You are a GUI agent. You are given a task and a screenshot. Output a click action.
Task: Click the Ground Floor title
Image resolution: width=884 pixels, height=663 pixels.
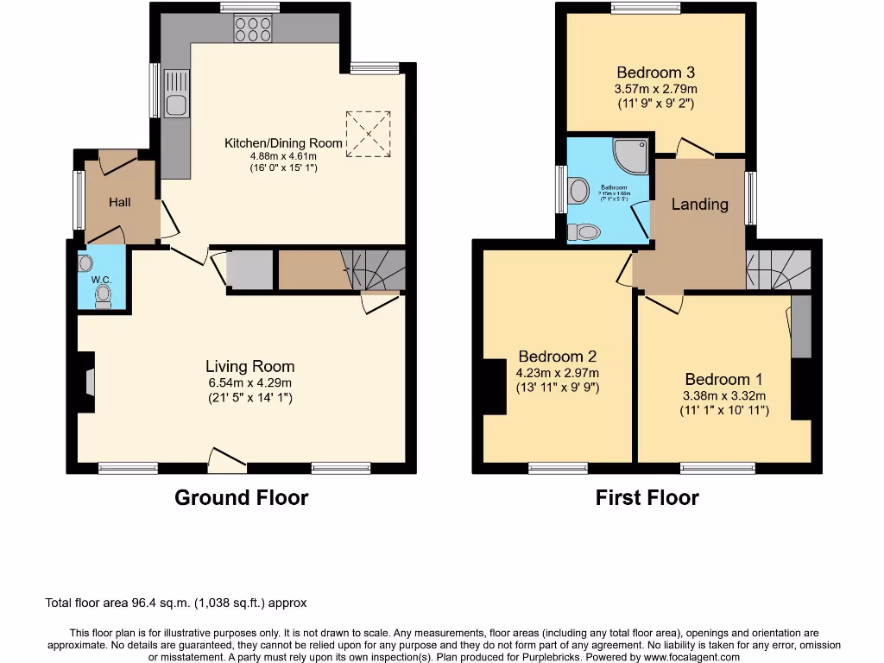[241, 498]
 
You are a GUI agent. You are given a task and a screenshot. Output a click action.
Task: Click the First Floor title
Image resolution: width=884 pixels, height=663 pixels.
[647, 498]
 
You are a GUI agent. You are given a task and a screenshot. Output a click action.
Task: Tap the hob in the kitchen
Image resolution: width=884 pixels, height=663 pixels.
[253, 30]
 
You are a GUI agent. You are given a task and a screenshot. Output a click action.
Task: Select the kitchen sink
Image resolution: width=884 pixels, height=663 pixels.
[176, 105]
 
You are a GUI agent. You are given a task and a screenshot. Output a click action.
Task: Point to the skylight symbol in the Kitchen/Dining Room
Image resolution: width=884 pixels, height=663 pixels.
[369, 134]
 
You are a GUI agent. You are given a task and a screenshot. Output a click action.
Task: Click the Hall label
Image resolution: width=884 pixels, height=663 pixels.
[120, 202]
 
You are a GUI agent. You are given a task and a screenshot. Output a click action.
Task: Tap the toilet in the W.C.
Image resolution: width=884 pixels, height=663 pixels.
[104, 296]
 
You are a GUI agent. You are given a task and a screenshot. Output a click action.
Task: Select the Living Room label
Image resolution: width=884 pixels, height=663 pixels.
[249, 367]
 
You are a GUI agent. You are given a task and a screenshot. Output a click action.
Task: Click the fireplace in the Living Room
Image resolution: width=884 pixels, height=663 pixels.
[88, 382]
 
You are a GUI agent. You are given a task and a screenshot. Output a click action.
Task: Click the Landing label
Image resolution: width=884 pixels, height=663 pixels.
[700, 205]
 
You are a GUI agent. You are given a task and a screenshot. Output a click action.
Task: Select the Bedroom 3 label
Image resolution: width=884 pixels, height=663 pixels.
[655, 73]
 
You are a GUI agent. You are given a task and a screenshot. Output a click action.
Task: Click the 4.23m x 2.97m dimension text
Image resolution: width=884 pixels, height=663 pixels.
[557, 373]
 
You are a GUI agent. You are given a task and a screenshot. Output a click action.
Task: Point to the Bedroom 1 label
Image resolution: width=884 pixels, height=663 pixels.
[723, 380]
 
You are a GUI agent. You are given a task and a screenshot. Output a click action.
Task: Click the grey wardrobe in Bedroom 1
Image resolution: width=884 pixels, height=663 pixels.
[801, 326]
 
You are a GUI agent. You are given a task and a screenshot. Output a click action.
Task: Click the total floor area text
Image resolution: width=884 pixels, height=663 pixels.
[175, 603]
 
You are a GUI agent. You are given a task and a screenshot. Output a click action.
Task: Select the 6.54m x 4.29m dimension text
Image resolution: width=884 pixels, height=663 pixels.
[249, 383]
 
